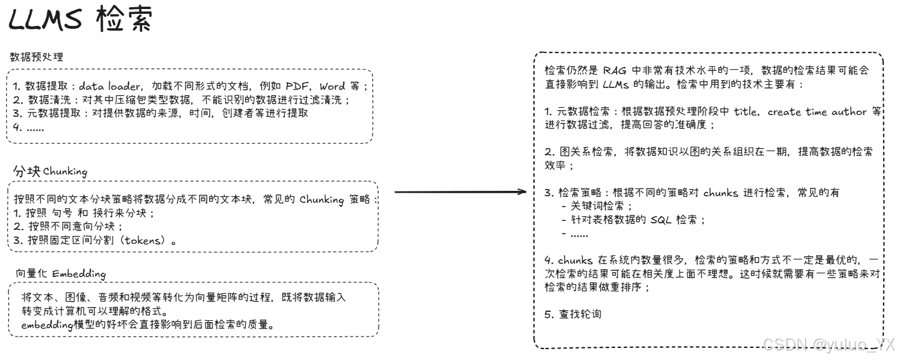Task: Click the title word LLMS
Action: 45,22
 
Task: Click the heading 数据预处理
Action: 37,57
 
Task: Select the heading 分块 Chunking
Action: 50,172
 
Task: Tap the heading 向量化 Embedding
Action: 61,274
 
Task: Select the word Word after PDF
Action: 332,86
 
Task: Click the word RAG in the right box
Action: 615,70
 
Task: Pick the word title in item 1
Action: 746,112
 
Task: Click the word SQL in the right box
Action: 661,220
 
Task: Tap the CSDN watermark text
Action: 828,344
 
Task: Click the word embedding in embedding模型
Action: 48,325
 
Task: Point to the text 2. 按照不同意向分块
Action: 67,226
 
